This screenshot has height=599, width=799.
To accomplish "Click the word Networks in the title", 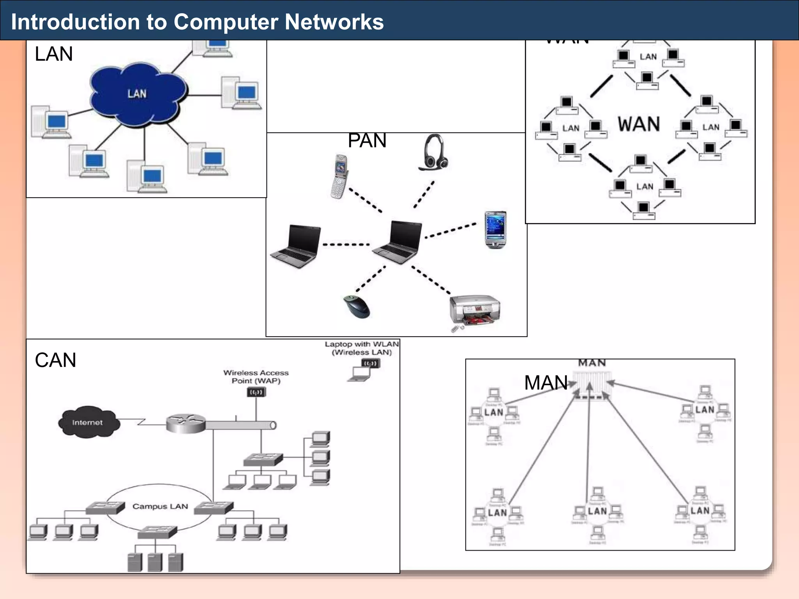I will click(334, 22).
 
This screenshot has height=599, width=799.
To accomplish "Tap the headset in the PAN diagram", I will click(433, 153).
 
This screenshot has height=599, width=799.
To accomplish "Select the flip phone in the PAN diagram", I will click(339, 176).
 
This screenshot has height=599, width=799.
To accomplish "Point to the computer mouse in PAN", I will click(357, 307).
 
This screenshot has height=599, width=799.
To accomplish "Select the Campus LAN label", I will click(160, 506).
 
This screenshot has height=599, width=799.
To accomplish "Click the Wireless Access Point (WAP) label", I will click(256, 377).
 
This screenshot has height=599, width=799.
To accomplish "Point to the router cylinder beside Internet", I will click(186, 424).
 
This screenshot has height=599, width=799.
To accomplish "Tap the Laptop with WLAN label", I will click(362, 348).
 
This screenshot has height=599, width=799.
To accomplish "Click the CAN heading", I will click(55, 360).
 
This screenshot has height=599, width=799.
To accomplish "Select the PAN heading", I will click(367, 140).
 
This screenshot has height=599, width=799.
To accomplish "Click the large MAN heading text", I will click(545, 383).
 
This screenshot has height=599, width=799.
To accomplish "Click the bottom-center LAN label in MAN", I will click(597, 511).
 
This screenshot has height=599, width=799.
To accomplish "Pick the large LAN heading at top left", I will click(54, 54).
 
